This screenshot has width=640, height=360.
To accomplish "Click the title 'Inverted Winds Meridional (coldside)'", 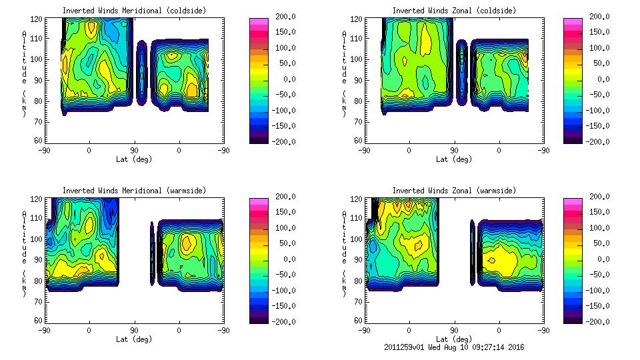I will pyautogui.click(x=134, y=10).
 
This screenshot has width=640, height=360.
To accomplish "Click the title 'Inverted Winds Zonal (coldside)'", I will pyautogui.click(x=454, y=10).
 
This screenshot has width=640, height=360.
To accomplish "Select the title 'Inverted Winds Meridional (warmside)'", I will pyautogui.click(x=134, y=190).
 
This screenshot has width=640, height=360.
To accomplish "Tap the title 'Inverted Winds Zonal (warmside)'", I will pyautogui.click(x=454, y=190).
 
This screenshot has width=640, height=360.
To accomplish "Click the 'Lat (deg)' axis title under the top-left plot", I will pyautogui.click(x=134, y=159).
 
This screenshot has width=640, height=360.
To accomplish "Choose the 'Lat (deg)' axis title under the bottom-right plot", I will pyautogui.click(x=454, y=339).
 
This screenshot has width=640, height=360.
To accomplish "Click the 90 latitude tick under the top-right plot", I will pyautogui.click(x=454, y=150).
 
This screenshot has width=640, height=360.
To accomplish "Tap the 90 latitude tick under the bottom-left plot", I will pyautogui.click(x=134, y=330).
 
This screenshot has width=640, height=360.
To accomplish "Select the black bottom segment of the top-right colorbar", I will pyautogui.click(x=573, y=139).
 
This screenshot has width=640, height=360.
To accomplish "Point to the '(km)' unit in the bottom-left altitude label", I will pyautogui.click(x=24, y=282).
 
